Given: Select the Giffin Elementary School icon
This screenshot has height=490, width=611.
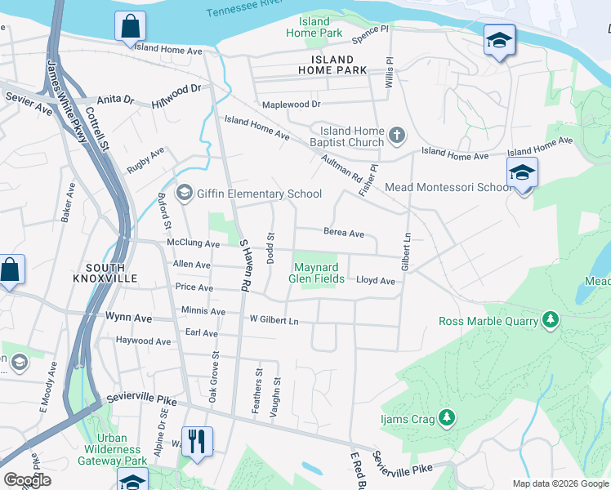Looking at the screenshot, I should (184, 193).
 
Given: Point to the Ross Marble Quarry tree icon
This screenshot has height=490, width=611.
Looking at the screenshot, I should (551, 321).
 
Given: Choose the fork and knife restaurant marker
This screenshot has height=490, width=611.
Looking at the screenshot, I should (196, 442).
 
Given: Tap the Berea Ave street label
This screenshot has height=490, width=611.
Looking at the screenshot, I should (343, 233).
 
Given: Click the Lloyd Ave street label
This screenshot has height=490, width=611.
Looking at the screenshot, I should (375, 280).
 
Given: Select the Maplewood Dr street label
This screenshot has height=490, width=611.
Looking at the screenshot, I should (291, 105).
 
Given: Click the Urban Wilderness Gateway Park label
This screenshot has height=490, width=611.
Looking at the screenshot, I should (112, 455).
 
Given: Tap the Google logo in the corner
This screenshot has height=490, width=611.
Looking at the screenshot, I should (27, 480).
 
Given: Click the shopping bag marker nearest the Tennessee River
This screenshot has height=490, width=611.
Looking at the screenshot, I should (130, 26).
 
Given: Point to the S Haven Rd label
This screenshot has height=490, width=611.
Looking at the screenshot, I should (243, 266).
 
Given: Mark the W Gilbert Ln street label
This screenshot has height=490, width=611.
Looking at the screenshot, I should (274, 320).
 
